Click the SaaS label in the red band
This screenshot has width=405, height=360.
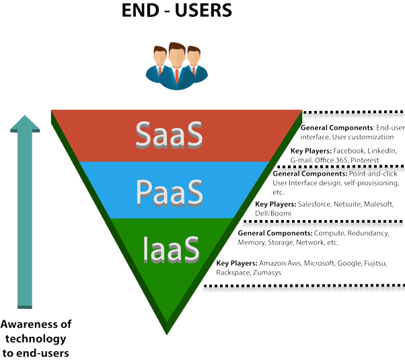point(169,135)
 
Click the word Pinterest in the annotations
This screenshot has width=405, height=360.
point(363,161)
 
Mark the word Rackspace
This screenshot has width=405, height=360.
point(232,274)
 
